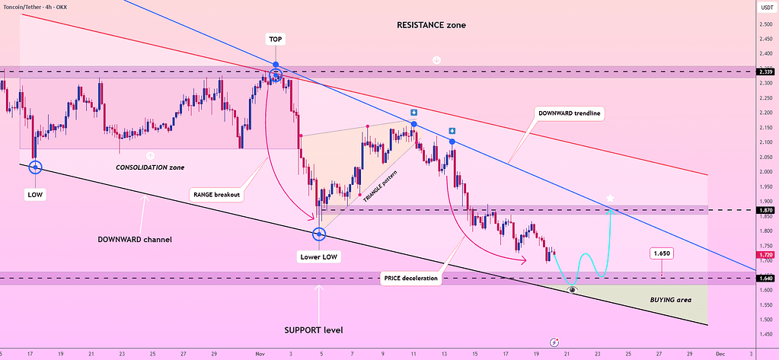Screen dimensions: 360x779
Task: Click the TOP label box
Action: coord(275,38)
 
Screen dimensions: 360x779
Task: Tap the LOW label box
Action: coord(35,194)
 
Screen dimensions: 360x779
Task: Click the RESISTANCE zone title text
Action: coord(431,25)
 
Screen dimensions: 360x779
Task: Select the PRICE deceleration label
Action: coord(410,279)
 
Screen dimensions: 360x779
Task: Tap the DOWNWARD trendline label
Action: coord(570,113)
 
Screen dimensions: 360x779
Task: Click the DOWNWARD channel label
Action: coord(135,239)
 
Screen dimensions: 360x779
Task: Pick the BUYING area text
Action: coord(670,300)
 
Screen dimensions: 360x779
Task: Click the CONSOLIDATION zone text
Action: coord(150,167)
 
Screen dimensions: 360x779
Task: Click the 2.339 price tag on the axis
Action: coord(766,72)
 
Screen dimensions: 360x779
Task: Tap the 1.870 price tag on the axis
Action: coord(766,209)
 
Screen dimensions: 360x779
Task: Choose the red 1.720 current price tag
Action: coord(766,254)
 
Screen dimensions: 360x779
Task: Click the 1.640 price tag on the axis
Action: coord(766,279)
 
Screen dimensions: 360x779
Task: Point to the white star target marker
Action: coord(610,199)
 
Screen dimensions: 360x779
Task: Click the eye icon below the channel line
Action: coord(572,290)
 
